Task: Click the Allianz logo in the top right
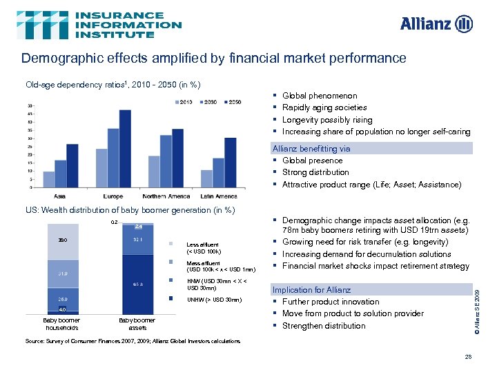coord(436,24)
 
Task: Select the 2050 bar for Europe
coord(125,148)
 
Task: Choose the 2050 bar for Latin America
coord(231,162)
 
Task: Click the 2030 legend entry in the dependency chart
coord(209,102)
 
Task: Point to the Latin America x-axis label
coord(219,196)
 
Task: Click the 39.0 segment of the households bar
coord(62,240)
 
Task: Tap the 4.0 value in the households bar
coord(62,309)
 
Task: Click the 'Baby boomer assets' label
coord(137,324)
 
